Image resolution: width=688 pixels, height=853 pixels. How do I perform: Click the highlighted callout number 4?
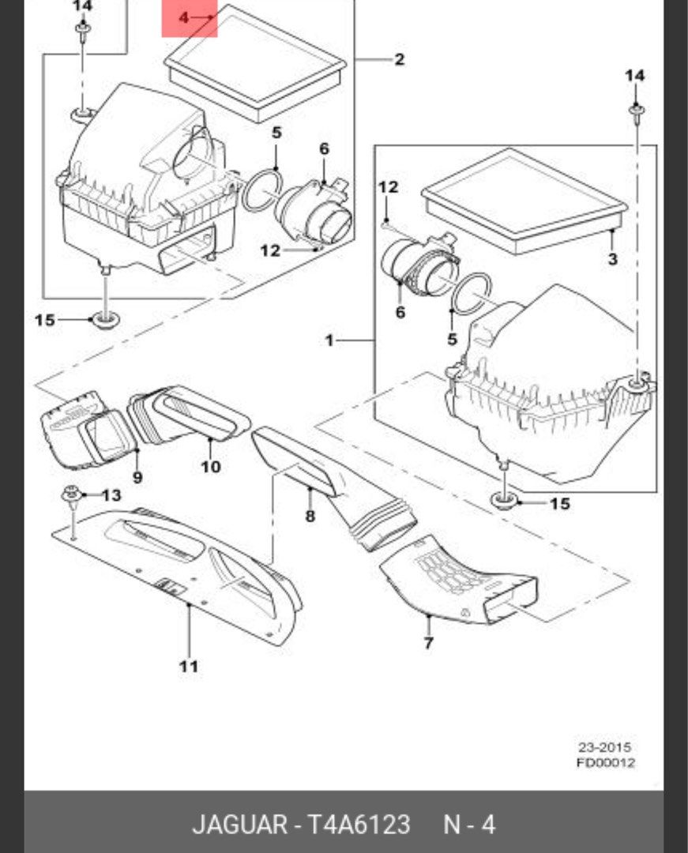coord(184,17)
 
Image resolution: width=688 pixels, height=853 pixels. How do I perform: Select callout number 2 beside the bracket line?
coord(399,59)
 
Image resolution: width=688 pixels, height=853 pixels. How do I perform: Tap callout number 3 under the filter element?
coord(612,259)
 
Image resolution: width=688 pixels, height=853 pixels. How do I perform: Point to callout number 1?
coord(329,340)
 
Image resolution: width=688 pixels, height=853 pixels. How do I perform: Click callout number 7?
coord(428,643)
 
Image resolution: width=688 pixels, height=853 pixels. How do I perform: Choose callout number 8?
coord(310,517)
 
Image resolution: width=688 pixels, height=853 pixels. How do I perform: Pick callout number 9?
coord(137,477)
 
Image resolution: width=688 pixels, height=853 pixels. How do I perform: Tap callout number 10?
coord(210,466)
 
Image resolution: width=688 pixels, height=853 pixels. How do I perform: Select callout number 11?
coord(188,667)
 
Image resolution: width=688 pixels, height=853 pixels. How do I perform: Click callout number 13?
coord(111,495)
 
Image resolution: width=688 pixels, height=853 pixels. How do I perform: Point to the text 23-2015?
coord(604,746)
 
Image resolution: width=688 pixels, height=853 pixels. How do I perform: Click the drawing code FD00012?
coord(604,762)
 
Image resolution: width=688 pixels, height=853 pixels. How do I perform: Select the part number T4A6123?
coord(359,825)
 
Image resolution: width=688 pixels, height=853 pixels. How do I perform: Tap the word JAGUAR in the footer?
coord(239,825)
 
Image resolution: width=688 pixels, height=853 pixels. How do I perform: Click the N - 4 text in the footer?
coord(468,825)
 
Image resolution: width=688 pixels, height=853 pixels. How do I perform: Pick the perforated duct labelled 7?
coord(458,583)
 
